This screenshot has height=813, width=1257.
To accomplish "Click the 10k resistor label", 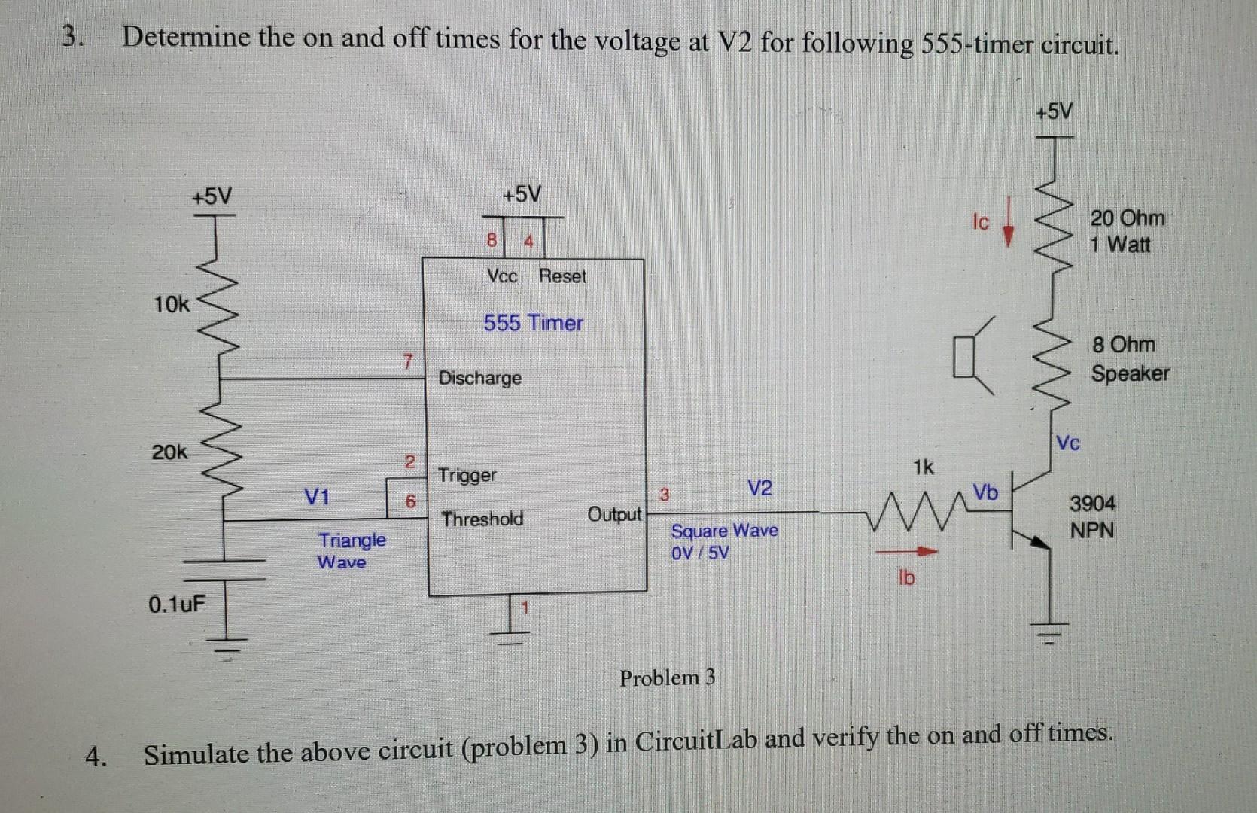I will pyautogui.click(x=172, y=305).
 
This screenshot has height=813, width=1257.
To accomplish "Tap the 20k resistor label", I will pyautogui.click(x=169, y=452).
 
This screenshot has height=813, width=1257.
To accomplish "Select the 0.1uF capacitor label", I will pyautogui.click(x=176, y=604).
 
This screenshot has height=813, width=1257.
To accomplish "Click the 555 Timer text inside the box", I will pyautogui.click(x=533, y=323).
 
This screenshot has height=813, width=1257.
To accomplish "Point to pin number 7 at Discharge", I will pyautogui.click(x=406, y=361).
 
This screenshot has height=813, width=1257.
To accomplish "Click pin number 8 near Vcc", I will pyautogui.click(x=492, y=242).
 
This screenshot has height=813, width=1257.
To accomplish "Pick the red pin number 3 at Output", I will pyautogui.click(x=664, y=495).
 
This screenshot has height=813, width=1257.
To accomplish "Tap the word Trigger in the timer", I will pyautogui.click(x=467, y=475).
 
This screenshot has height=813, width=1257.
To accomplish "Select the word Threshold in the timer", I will pyautogui.click(x=482, y=519).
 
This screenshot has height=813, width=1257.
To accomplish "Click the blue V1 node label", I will pyautogui.click(x=316, y=497).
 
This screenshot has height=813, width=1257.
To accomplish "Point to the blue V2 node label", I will pyautogui.click(x=760, y=488).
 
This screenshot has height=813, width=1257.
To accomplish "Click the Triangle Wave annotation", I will pyautogui.click(x=352, y=550).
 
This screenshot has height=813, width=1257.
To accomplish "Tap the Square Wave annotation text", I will pyautogui.click(x=724, y=531).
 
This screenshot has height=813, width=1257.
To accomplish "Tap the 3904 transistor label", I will pyautogui.click(x=1093, y=503).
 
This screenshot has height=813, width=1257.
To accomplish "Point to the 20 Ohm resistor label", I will pyautogui.click(x=1128, y=218).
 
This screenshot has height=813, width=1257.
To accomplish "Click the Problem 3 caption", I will pyautogui.click(x=667, y=677).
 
